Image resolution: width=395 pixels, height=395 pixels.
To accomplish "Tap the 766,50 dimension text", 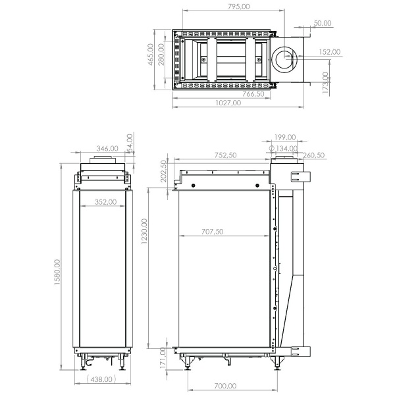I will coord(253,94).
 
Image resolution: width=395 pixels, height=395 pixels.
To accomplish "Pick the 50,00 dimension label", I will coord(323,23).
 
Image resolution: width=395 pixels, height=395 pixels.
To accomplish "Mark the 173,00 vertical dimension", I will coord(325,84).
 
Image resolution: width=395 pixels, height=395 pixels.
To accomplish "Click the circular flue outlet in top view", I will coord(286,58).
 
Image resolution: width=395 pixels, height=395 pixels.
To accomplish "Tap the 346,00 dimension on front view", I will coord(107,149).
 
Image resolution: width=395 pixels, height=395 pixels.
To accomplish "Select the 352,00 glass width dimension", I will coord(105,202).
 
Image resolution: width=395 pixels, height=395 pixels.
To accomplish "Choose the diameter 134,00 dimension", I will coord(284,148).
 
